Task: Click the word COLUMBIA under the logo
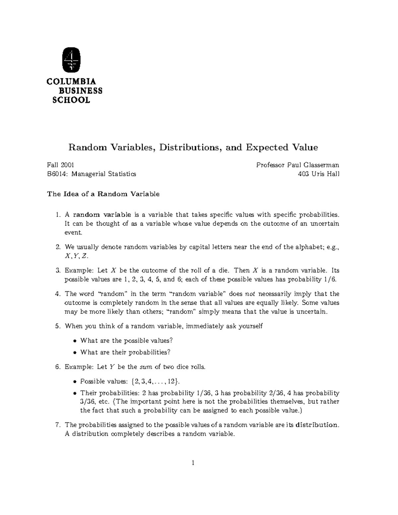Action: [x=71, y=82]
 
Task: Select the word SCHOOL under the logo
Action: [x=71, y=100]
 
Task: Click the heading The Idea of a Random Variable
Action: [x=103, y=194]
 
